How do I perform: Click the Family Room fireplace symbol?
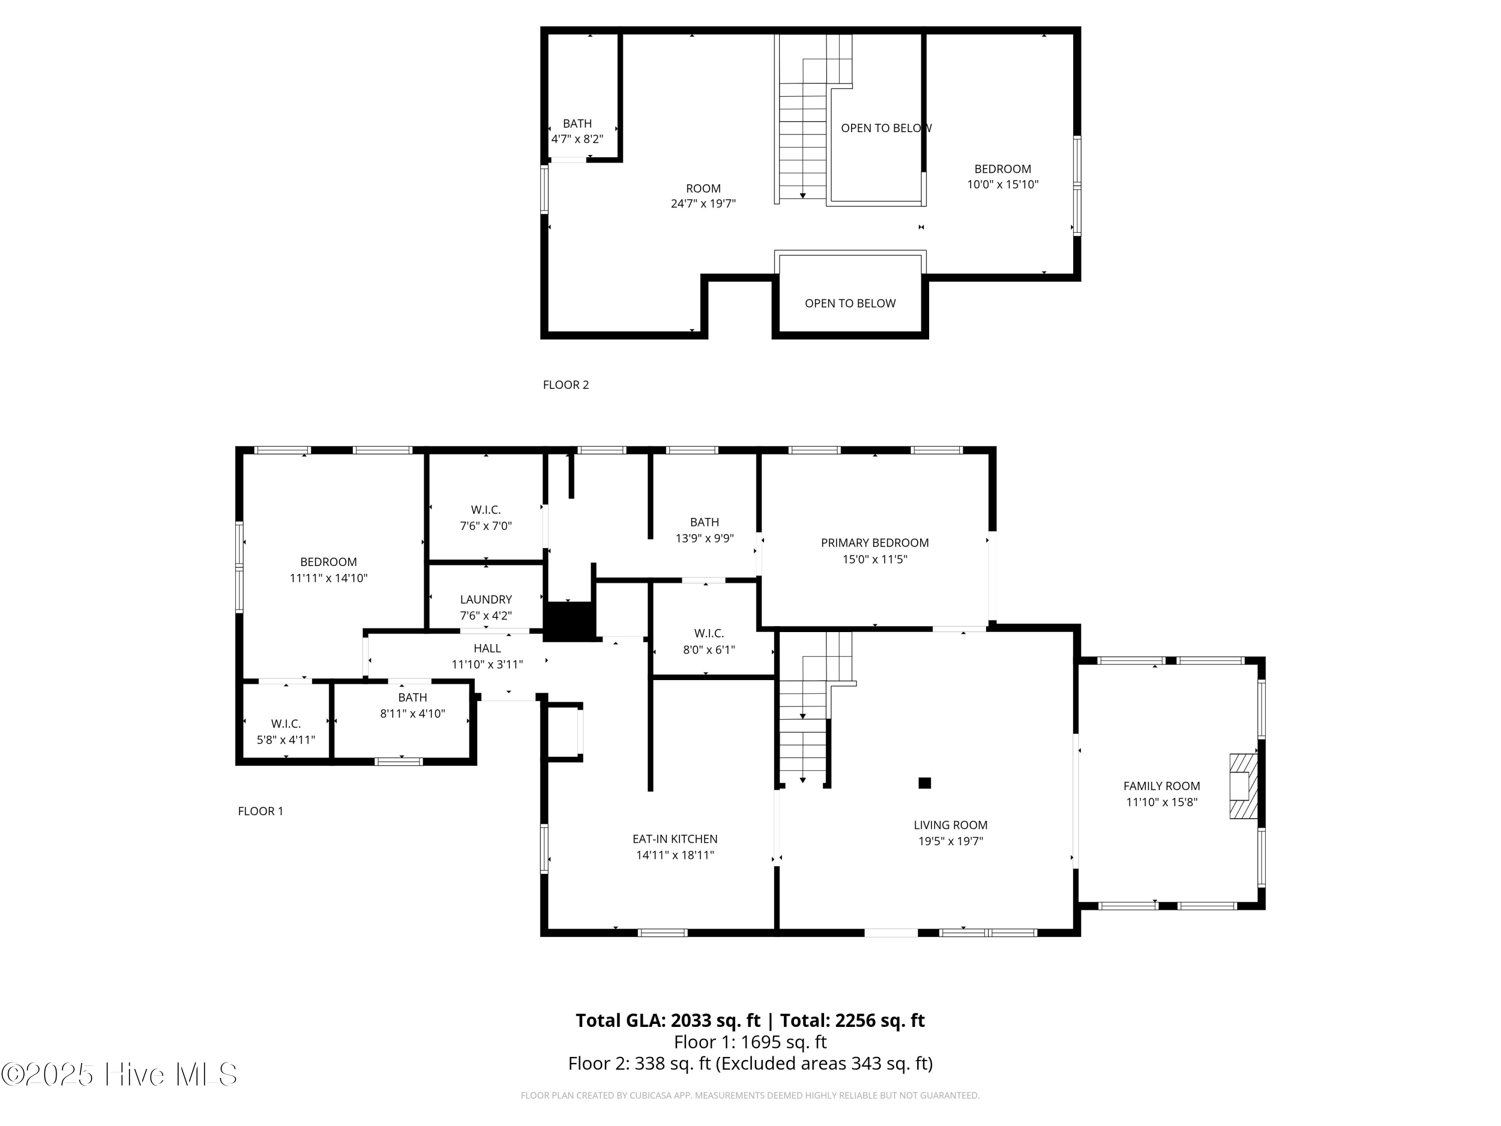point(1243,786)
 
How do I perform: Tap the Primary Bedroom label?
point(875,543)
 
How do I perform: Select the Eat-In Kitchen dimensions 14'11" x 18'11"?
point(675,855)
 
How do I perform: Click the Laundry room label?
point(486,600)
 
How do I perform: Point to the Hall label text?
point(487,648)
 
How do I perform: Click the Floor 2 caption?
point(566,385)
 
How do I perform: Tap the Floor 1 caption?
point(261,811)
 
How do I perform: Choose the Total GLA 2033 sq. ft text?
point(668,1020)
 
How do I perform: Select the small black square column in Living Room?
point(924,783)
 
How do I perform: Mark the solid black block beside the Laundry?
point(569,621)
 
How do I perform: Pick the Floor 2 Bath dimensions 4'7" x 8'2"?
point(577,139)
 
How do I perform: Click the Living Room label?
point(951,825)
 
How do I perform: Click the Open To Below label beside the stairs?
point(886,128)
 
